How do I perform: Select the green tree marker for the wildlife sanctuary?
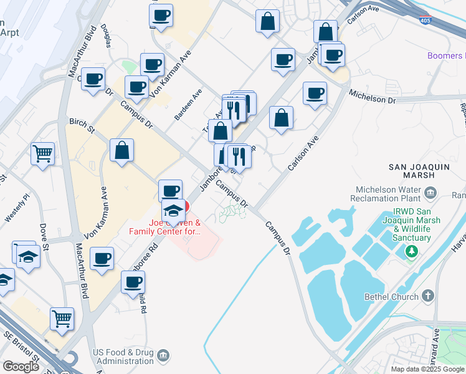click(411, 251)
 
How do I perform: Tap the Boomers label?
click(446, 56)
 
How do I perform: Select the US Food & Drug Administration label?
click(123, 357)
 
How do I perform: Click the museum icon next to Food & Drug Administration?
click(163, 356)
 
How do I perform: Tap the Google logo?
click(21, 367)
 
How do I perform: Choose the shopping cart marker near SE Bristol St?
click(62, 319)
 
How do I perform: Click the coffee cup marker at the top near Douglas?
click(161, 15)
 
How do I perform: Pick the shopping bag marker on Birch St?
click(122, 150)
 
